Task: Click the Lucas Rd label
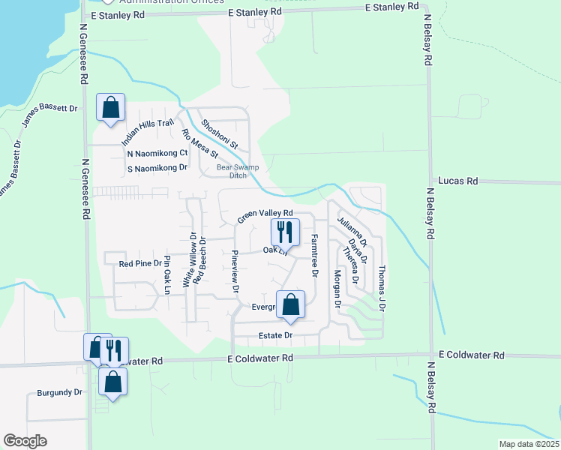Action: coord(457,181)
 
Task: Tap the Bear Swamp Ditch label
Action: coord(232,171)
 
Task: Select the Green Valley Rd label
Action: coord(264,216)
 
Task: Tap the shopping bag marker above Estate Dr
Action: coord(290,305)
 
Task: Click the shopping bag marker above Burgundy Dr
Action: coord(112,381)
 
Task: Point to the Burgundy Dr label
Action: coord(59,392)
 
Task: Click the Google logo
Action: coord(25,441)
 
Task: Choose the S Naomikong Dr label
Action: coord(157,168)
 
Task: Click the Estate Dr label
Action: coord(274,334)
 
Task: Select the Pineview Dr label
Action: coord(235,271)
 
